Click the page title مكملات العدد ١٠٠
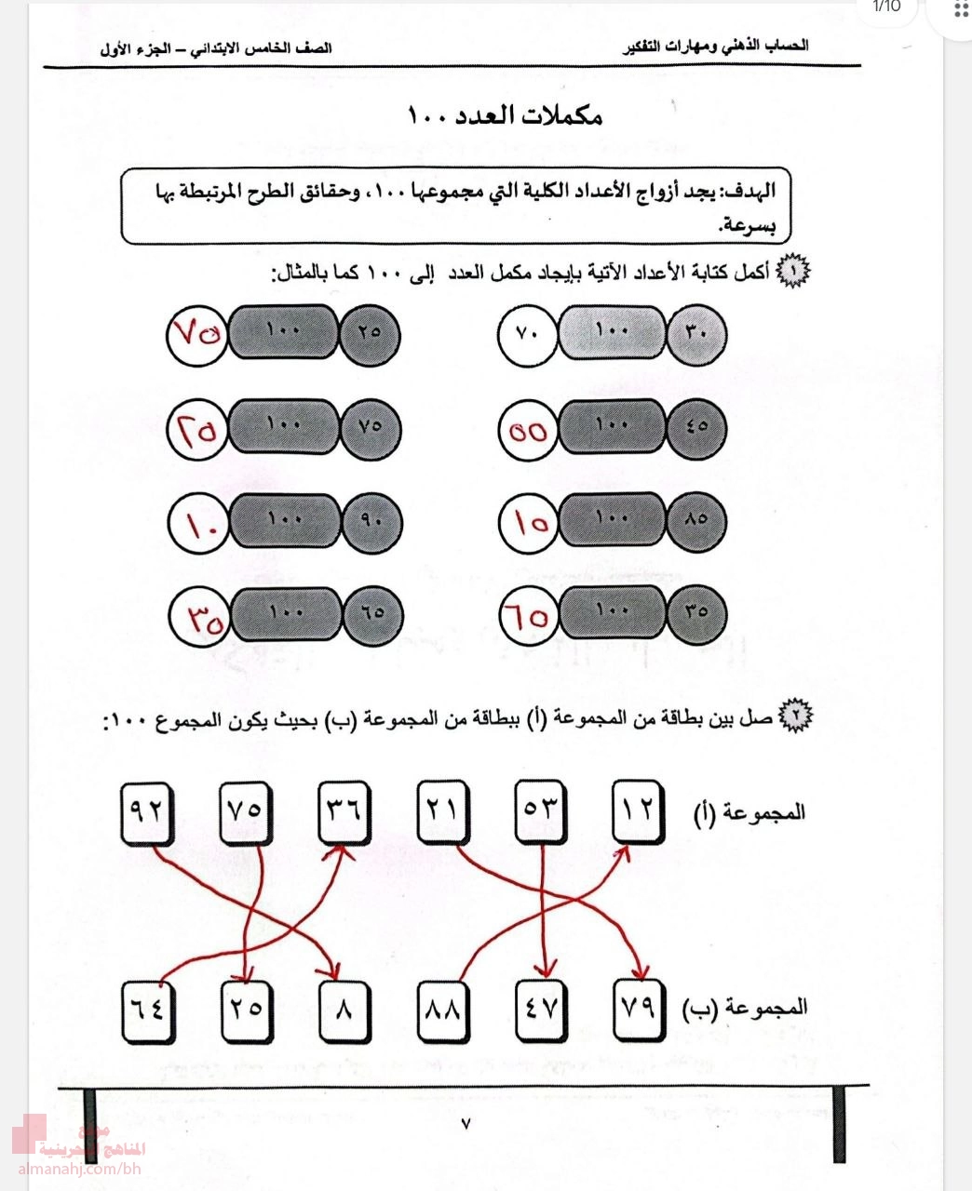506,115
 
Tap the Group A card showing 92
148,812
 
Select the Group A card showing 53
541,812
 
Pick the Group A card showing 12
640,812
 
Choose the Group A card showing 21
442,812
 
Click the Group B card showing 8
344,1010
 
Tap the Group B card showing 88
443,1010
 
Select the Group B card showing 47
542,1010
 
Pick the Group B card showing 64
148,1010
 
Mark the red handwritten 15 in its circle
528,522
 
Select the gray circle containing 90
371,522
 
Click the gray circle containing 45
696,429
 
